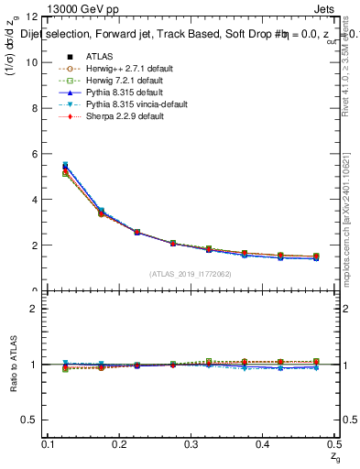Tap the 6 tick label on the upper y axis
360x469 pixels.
[34, 154]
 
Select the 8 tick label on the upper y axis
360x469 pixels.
[34, 108]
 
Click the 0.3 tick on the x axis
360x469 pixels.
[190, 444]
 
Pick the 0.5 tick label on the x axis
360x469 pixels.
[332, 444]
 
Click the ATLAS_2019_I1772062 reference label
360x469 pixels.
[190, 273]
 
